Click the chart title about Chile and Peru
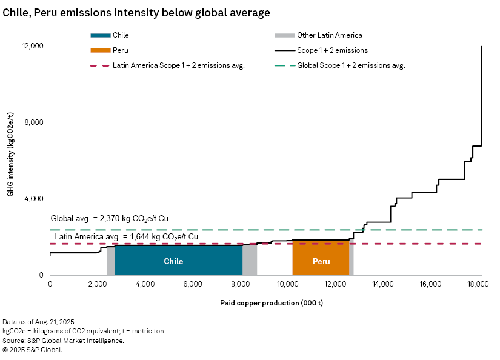(136, 12)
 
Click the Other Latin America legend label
(330, 36)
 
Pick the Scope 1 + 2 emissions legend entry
(332, 51)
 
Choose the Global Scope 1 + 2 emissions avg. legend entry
(351, 65)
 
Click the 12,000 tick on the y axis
(33, 46)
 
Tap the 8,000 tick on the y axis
(35, 122)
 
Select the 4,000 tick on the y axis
(35, 199)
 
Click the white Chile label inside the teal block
(173, 262)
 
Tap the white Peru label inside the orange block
(321, 262)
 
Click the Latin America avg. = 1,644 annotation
(126, 236)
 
